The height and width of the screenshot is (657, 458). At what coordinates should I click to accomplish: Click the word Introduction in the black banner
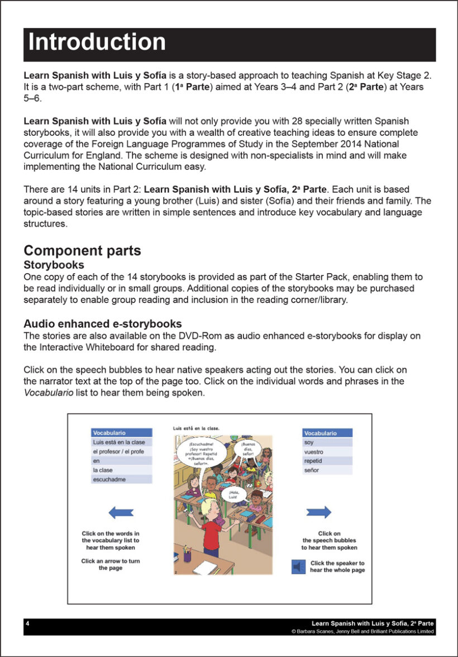tap(97, 43)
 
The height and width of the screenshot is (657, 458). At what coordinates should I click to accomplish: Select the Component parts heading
tap(82, 250)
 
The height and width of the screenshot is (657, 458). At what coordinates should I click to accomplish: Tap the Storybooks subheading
tap(54, 265)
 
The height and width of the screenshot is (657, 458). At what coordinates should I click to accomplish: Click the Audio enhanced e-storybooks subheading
tap(102, 324)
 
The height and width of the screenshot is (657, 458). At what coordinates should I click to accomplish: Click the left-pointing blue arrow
tap(121, 512)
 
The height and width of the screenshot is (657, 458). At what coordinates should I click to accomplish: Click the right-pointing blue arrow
tap(319, 512)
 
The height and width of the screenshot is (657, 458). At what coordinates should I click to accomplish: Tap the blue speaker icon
tap(298, 566)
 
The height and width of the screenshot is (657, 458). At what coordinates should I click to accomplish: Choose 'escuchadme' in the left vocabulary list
tap(109, 479)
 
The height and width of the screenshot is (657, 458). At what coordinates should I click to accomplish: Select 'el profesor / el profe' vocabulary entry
tap(121, 451)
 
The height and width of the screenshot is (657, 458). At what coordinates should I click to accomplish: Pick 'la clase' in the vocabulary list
tap(103, 470)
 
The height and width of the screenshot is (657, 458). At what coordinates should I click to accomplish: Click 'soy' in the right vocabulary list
tap(309, 442)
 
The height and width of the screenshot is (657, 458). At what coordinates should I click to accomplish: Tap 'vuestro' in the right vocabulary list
tap(314, 452)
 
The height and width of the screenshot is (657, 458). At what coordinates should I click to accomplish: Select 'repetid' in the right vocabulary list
tap(313, 461)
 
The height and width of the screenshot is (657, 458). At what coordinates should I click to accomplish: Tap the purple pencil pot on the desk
tap(188, 556)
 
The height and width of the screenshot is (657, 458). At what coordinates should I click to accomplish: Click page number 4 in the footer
tap(28, 623)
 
